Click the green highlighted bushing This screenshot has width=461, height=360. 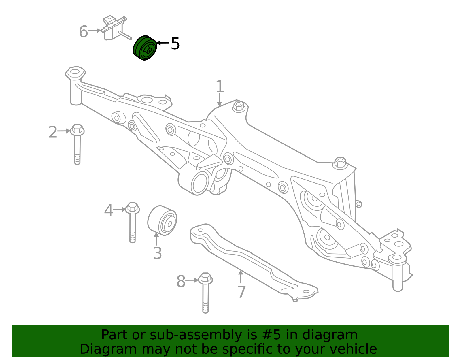145,48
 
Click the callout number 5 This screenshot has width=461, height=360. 175,44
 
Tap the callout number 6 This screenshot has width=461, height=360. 83,31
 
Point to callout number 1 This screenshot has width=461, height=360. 220,86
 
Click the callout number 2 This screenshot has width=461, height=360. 53,132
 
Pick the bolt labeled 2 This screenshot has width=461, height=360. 77,144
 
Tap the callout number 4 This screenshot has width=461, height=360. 108,211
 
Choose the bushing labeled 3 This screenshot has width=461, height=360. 162,220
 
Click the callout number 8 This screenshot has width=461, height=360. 181,281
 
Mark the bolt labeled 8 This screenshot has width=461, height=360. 205,293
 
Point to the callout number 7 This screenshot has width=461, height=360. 241,292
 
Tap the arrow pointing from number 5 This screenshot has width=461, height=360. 163,43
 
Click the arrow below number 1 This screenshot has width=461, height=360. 219,100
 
